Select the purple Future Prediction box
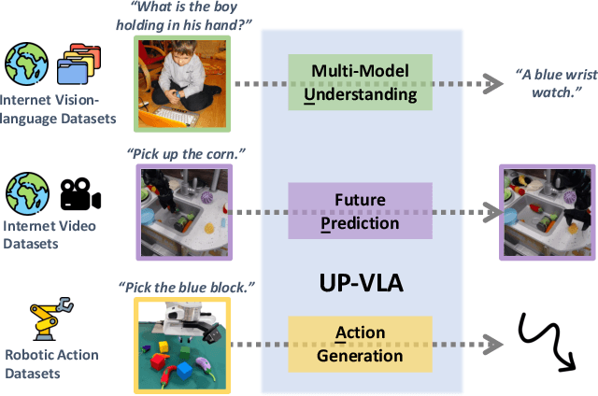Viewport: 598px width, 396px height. [360, 209]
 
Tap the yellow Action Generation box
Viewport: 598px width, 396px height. [360, 341]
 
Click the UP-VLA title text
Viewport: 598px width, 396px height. [361, 280]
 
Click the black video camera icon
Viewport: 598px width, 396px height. [80, 195]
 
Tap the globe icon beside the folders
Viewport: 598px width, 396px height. [24, 64]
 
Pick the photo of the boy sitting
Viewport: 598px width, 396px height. [179, 81]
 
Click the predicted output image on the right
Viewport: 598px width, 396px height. [545, 211]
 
